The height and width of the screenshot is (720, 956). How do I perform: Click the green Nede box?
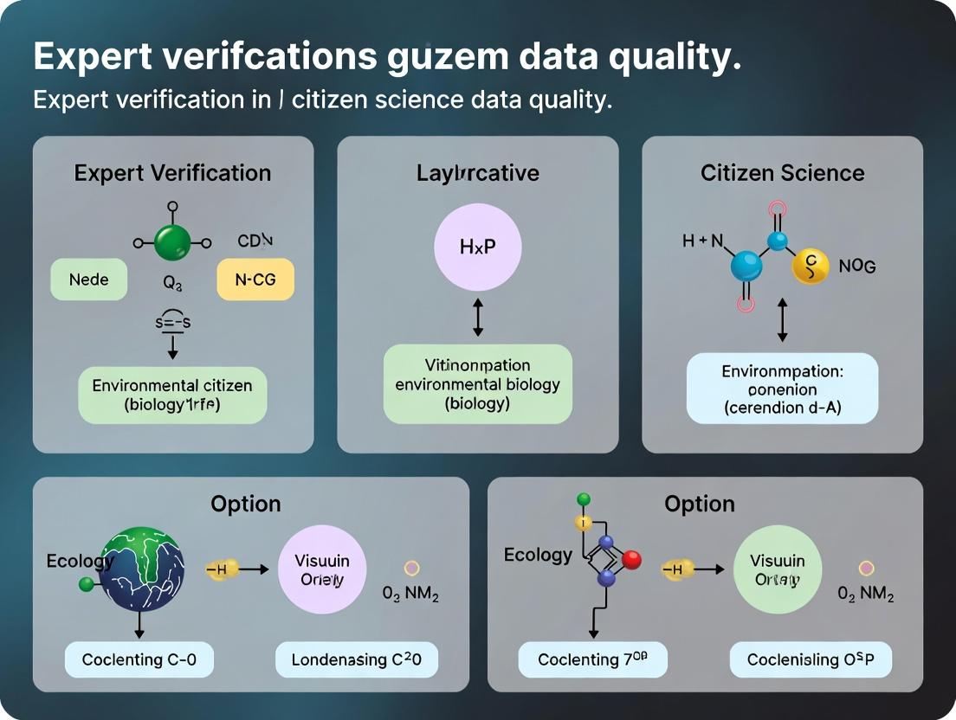click(x=88, y=280)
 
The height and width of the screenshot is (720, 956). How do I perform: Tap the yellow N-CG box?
click(x=255, y=280)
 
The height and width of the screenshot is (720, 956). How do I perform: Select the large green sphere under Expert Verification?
click(x=172, y=243)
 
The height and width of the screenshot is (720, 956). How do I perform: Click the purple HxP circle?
click(x=478, y=247)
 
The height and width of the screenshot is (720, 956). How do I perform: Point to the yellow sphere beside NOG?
click(x=811, y=267)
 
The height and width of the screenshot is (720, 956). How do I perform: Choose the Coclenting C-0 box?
click(x=139, y=660)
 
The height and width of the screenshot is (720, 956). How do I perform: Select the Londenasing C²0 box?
click(x=357, y=660)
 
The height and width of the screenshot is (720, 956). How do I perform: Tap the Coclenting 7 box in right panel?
click(x=591, y=660)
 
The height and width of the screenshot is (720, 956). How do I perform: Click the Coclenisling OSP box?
click(x=811, y=660)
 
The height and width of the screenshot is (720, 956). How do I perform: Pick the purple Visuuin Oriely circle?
click(x=322, y=570)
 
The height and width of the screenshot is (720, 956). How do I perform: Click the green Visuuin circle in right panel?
click(x=778, y=570)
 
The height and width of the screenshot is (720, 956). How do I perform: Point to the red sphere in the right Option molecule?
click(x=631, y=560)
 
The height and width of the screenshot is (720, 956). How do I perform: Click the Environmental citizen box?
click(x=172, y=394)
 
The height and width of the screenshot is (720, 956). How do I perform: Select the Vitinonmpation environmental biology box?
click(x=478, y=383)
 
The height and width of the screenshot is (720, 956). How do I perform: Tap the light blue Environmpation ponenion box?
click(x=782, y=389)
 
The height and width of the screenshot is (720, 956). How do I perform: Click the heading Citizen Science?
click(x=782, y=173)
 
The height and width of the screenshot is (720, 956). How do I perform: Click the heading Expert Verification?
click(x=172, y=173)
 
